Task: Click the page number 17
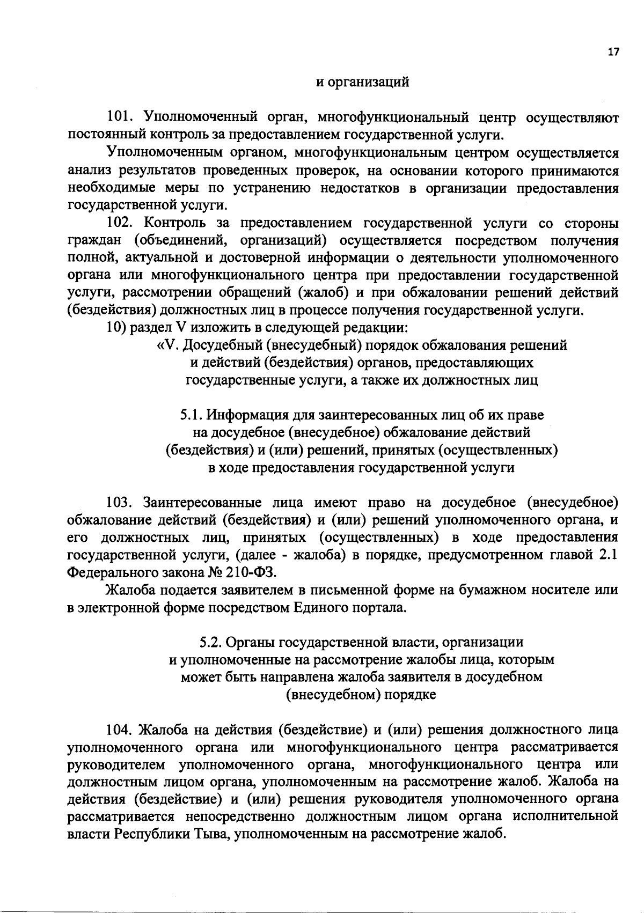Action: coord(613,52)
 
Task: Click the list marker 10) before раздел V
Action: coord(116,328)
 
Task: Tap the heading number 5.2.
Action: coord(210,642)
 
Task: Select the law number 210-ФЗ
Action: coord(252,572)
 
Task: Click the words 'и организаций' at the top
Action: coord(362,82)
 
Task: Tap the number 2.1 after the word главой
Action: coord(608,555)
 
